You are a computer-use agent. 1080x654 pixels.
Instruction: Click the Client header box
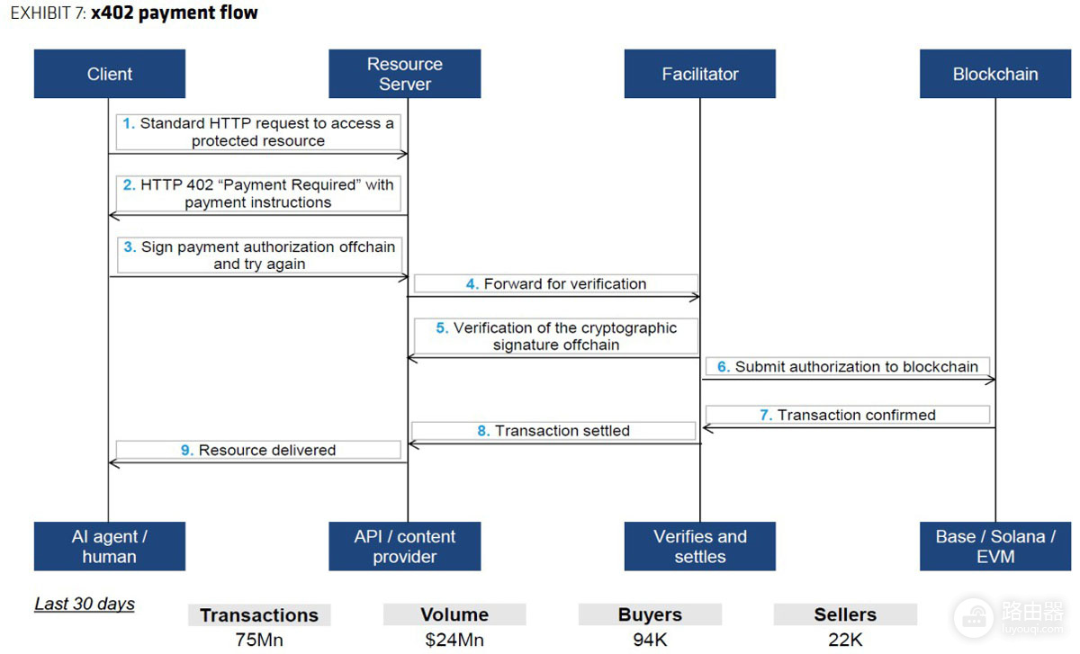click(x=110, y=74)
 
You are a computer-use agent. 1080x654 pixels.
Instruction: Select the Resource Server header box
click(x=404, y=74)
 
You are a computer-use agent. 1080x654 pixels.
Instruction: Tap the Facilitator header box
click(x=699, y=74)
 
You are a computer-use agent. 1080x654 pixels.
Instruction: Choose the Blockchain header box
click(x=995, y=74)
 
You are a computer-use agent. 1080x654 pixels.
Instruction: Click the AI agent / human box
click(x=110, y=546)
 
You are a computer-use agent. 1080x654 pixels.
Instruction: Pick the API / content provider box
click(x=404, y=546)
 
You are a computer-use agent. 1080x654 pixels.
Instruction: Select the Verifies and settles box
click(x=699, y=546)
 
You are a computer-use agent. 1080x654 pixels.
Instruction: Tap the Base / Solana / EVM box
click(x=995, y=546)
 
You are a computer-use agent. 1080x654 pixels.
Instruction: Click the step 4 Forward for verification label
click(x=556, y=284)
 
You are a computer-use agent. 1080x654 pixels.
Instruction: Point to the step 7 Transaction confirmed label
click(x=848, y=415)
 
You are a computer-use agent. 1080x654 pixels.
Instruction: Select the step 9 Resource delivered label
click(x=258, y=450)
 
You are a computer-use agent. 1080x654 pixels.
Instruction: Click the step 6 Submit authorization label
click(x=848, y=367)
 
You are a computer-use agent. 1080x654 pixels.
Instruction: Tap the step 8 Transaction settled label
click(x=553, y=431)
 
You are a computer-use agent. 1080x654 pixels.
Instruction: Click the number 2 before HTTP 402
click(x=129, y=185)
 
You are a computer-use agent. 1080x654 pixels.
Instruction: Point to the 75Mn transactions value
click(x=259, y=640)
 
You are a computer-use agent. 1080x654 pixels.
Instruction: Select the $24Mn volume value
click(x=454, y=640)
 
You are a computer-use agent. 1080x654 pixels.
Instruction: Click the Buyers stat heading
click(x=650, y=614)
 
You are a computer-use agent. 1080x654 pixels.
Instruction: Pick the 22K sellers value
click(x=845, y=640)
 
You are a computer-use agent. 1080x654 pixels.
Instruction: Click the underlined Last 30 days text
click(x=85, y=604)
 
